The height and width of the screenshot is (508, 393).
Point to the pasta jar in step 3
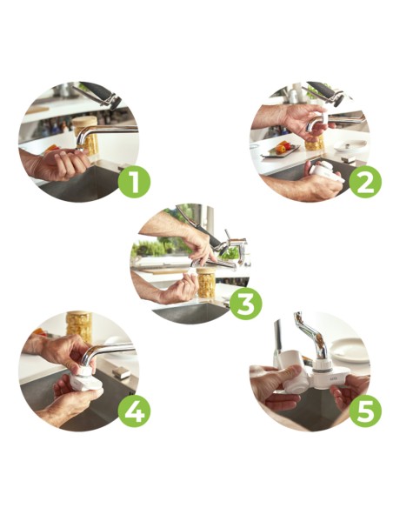tap(206, 283)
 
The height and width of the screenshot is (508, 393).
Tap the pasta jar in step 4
tap(79, 326)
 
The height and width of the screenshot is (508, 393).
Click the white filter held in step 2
tap(325, 171)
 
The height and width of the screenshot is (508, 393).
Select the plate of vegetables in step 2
tap(280, 150)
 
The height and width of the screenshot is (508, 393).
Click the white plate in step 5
tap(351, 350)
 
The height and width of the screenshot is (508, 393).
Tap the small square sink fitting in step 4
tap(122, 372)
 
